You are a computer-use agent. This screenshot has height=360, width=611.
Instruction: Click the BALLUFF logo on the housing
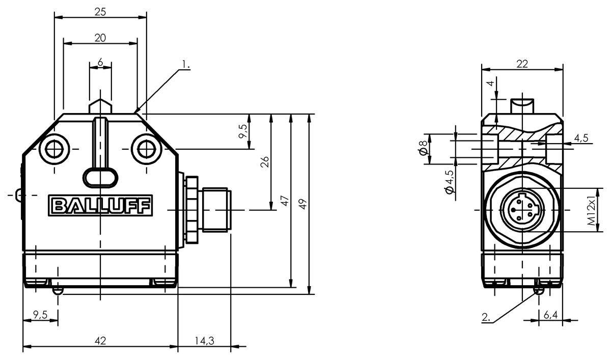click(x=100, y=205)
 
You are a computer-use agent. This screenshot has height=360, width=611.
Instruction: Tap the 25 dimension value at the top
click(x=100, y=12)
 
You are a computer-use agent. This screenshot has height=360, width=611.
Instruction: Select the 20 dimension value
click(x=100, y=38)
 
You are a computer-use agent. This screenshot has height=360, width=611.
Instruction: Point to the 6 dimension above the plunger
click(x=100, y=63)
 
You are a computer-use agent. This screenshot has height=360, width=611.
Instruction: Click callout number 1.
click(x=186, y=64)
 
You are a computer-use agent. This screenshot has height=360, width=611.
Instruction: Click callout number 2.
click(x=486, y=317)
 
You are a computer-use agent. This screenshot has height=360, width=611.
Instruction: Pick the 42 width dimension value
click(x=100, y=341)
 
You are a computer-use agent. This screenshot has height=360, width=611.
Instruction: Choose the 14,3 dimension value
click(x=204, y=341)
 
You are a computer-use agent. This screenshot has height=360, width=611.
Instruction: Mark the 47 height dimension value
click(x=285, y=201)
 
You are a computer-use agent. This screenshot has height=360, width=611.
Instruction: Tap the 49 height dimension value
click(x=302, y=204)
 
